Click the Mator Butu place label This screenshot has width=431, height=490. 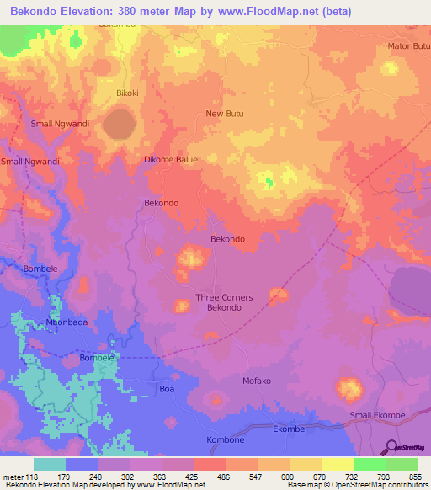[408, 45]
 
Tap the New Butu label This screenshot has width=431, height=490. [224, 113]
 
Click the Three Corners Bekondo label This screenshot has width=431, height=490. [219, 302]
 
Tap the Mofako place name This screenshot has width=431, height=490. [257, 381]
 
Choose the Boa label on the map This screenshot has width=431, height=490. [168, 389]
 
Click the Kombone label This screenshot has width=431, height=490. [225, 440]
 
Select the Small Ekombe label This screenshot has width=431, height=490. [377, 416]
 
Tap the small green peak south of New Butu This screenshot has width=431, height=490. [269, 181]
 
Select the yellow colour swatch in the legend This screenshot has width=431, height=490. [337, 464]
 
